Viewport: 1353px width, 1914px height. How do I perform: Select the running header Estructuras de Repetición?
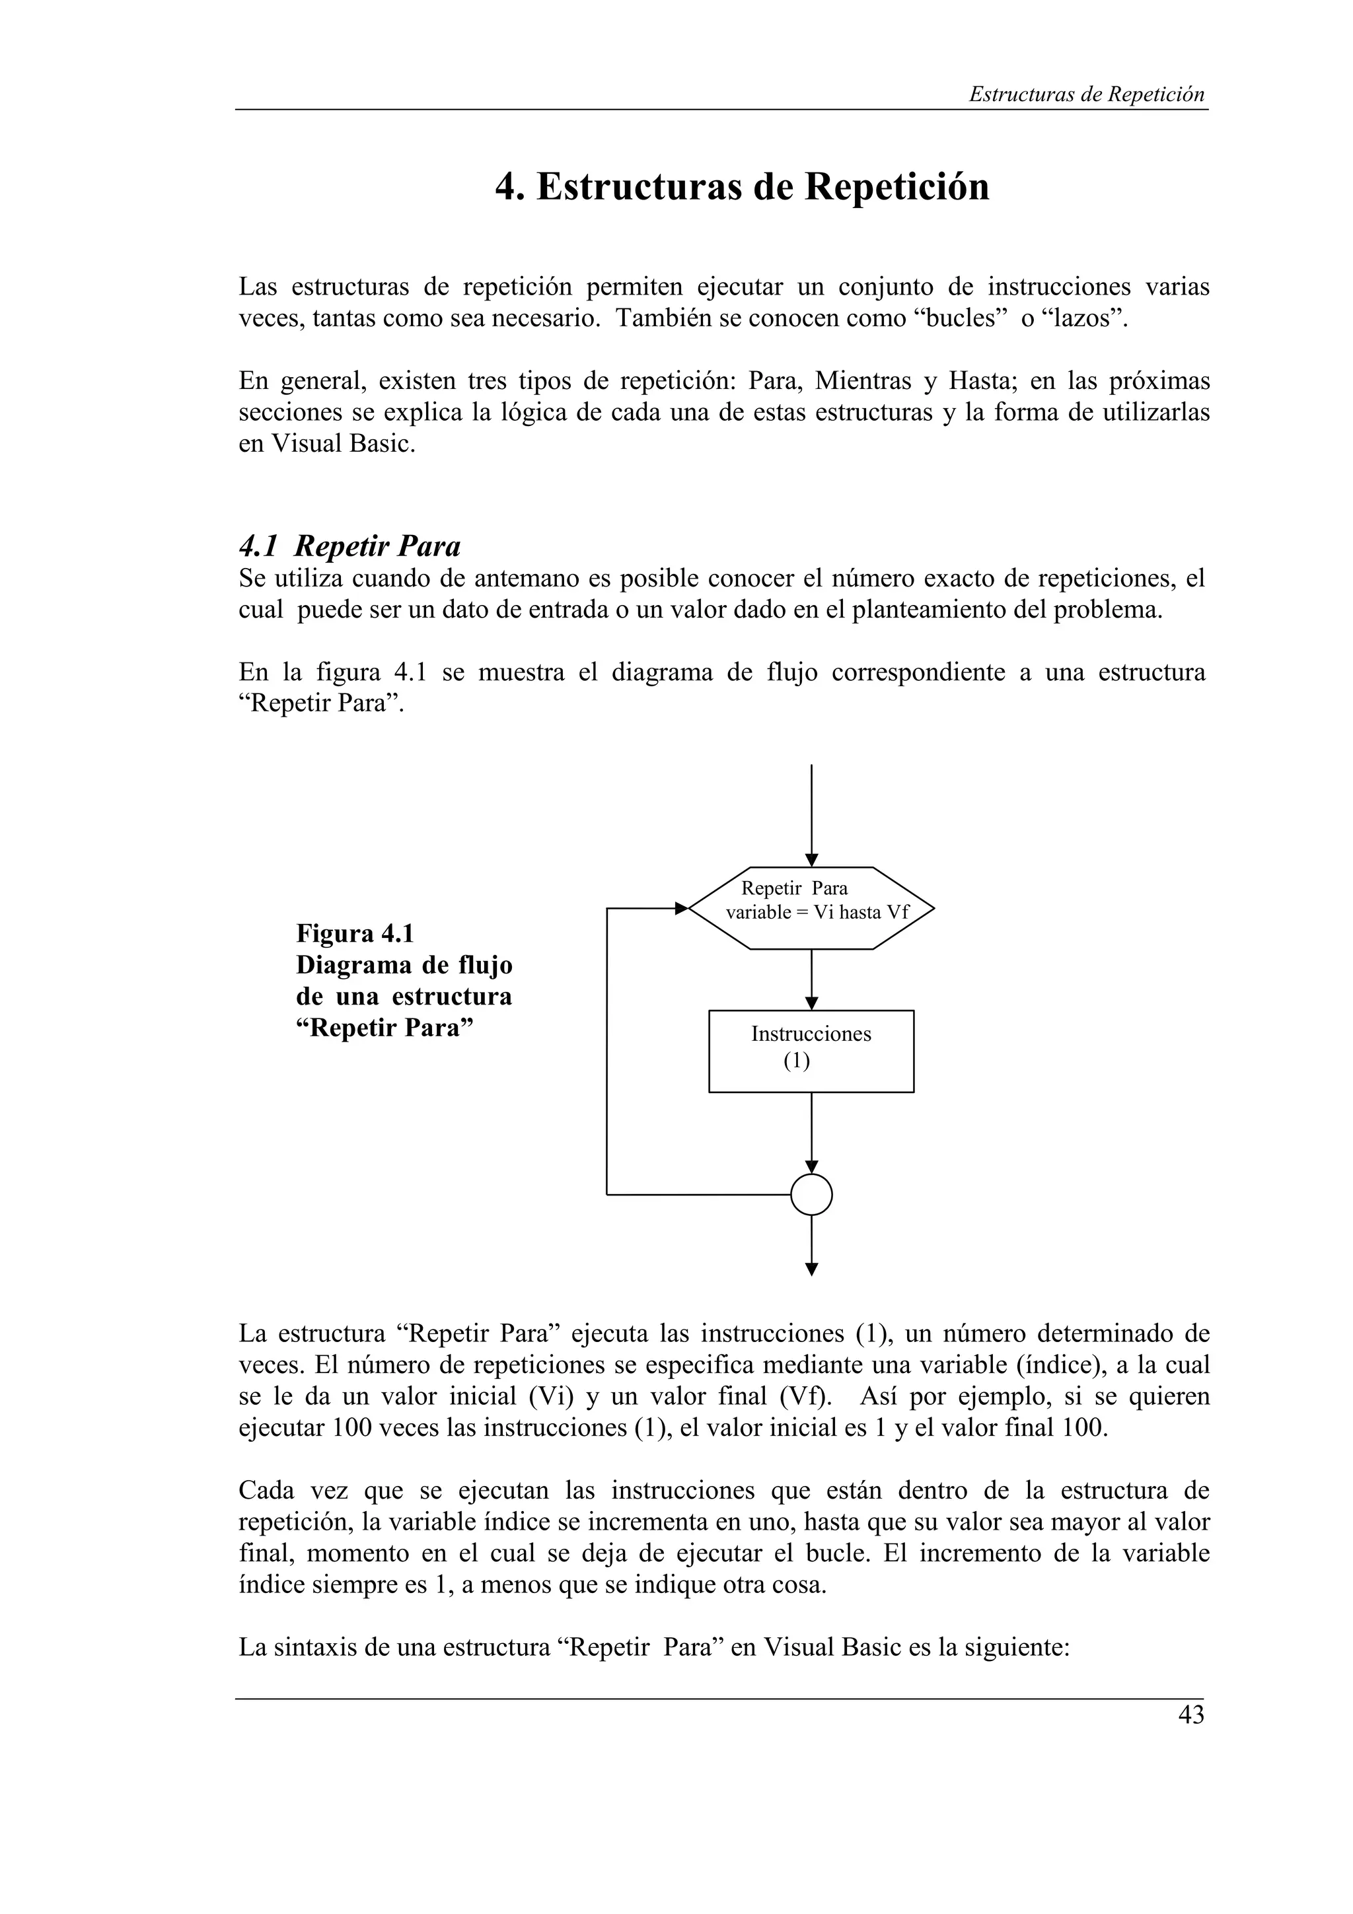tap(1086, 94)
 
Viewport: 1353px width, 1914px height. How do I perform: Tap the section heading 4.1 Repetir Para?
tap(349, 546)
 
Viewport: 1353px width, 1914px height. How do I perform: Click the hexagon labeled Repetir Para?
tap(811, 908)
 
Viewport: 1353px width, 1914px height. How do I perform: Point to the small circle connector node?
tap(811, 1195)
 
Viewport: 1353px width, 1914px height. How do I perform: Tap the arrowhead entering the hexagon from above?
tap(811, 861)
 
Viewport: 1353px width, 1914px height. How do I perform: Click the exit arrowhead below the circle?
tap(811, 1269)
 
